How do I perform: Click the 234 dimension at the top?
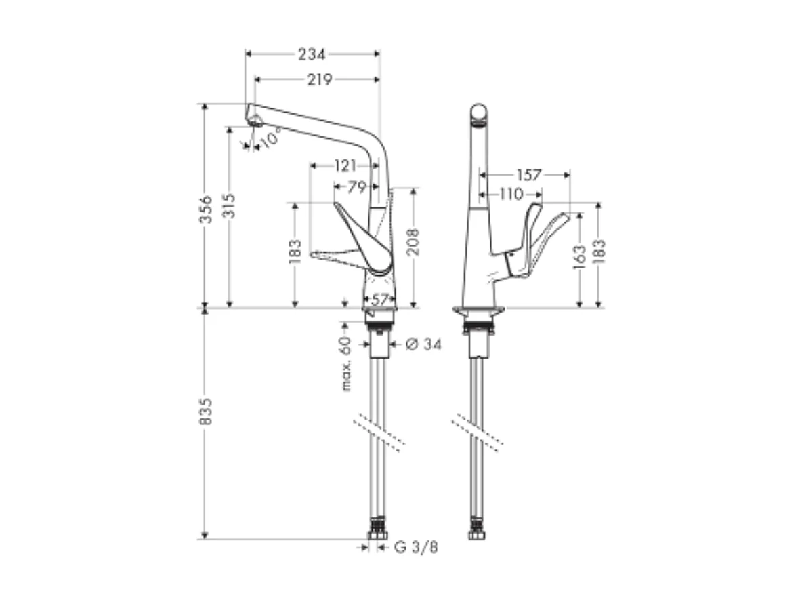coord(312,54)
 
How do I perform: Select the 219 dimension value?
coord(318,80)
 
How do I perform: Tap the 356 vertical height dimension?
coord(207,209)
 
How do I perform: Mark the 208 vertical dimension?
coord(414,241)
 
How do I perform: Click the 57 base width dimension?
coord(379,298)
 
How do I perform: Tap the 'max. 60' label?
coord(346,363)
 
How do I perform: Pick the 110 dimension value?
coord(511,195)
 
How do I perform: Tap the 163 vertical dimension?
coord(579,258)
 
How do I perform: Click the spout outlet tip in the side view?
coord(255,121)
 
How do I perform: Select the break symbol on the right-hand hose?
coord(478,431)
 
